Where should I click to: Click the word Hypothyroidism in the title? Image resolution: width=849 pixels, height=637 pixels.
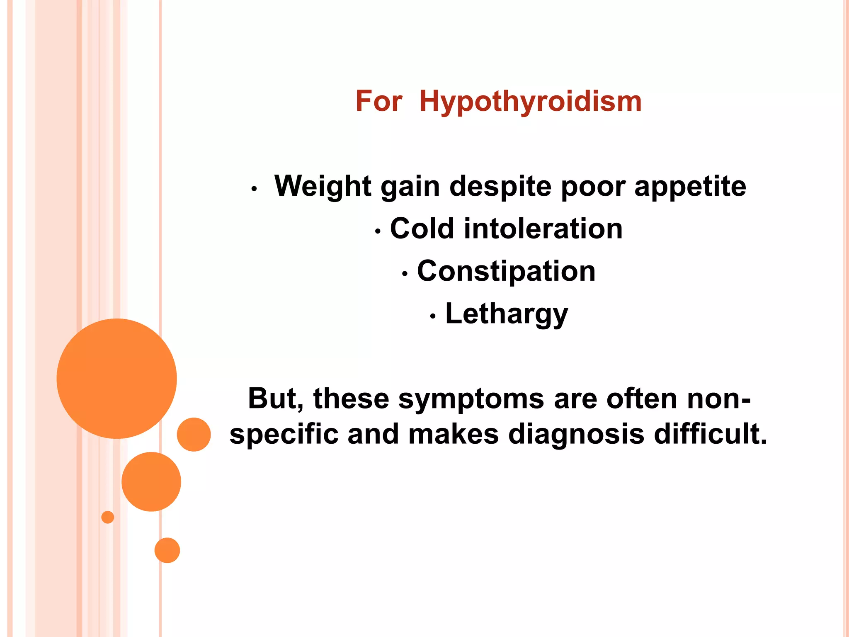(x=530, y=102)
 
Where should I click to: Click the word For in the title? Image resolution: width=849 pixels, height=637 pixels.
(x=378, y=102)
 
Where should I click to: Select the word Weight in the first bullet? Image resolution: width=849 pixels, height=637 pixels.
(x=323, y=186)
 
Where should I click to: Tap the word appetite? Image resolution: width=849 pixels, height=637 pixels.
(x=690, y=187)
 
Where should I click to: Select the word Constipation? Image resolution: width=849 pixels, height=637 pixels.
(x=506, y=271)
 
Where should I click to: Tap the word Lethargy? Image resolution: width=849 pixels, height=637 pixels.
(x=506, y=314)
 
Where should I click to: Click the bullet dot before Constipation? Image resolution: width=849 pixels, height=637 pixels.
(x=405, y=274)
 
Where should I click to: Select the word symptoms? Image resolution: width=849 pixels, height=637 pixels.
(x=471, y=399)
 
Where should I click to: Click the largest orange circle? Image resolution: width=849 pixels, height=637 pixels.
(x=117, y=378)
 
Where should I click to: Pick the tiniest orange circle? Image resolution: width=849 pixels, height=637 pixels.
(x=108, y=517)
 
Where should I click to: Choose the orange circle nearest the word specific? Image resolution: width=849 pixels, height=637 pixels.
(x=194, y=434)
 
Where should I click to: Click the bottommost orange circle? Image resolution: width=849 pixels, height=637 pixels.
(x=167, y=550)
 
